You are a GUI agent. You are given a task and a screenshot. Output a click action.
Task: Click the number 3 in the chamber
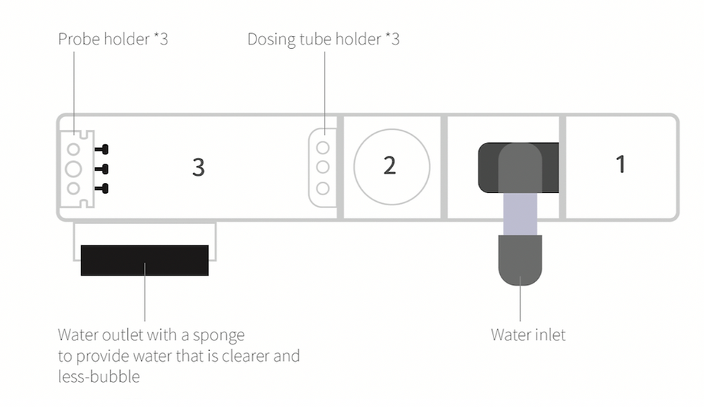(198, 167)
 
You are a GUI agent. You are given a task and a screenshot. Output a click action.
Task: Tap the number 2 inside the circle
(389, 166)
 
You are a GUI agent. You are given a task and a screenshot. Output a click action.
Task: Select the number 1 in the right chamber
(621, 164)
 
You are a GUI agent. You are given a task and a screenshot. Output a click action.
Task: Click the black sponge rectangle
(144, 261)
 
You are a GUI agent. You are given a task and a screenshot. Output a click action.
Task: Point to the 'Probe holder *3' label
(114, 39)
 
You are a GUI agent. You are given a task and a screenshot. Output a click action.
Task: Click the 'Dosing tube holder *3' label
(323, 39)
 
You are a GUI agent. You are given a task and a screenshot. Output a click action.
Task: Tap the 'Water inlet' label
(528, 335)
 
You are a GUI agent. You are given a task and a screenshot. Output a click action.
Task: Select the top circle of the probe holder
(73, 149)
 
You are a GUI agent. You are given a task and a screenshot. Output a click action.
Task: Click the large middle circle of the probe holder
(73, 169)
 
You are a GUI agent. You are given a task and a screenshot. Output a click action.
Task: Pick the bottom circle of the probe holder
(73, 189)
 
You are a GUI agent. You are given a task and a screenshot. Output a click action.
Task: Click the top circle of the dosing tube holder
(323, 148)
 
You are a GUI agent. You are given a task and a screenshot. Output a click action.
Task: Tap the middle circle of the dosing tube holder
(323, 167)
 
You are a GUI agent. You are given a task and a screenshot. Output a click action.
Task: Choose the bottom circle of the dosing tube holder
(323, 188)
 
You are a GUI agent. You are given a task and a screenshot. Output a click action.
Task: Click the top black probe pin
(101, 149)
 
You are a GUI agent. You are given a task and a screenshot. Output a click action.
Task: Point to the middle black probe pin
(101, 169)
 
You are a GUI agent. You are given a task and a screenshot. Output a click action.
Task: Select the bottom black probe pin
(101, 189)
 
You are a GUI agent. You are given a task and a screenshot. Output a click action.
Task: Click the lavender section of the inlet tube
(520, 214)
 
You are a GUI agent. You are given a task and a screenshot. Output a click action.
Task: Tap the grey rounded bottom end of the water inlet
(520, 261)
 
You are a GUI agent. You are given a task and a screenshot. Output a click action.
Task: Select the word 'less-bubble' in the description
(99, 376)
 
